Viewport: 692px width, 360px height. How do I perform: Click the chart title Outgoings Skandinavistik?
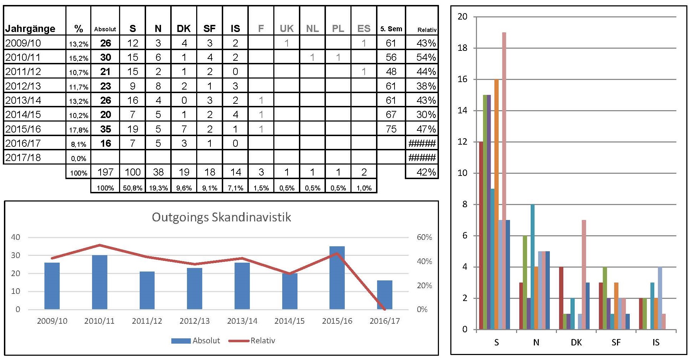point(221,217)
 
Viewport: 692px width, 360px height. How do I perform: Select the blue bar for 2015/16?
point(337,278)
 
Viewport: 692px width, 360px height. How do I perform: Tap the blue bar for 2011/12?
point(147,290)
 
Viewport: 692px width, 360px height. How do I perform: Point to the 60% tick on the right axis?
point(424,237)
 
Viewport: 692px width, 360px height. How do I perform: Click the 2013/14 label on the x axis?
point(242,321)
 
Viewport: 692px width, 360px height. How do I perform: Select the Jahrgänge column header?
point(30,28)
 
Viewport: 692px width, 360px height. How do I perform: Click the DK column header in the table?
point(184,28)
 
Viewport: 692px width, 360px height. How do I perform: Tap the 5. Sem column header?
point(391,29)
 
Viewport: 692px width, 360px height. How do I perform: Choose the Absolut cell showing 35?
point(106,129)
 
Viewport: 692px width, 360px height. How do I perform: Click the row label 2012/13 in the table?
point(23,86)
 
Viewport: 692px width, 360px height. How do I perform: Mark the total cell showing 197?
point(106,172)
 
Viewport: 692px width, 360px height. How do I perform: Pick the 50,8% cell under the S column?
point(133,188)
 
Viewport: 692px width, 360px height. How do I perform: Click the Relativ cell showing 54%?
point(426,57)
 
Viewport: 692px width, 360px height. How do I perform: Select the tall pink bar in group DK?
point(584,274)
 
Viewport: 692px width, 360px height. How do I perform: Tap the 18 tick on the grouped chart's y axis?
point(462,48)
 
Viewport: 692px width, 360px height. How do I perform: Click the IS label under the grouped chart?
point(656,342)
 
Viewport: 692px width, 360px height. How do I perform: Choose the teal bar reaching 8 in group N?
point(532,267)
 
